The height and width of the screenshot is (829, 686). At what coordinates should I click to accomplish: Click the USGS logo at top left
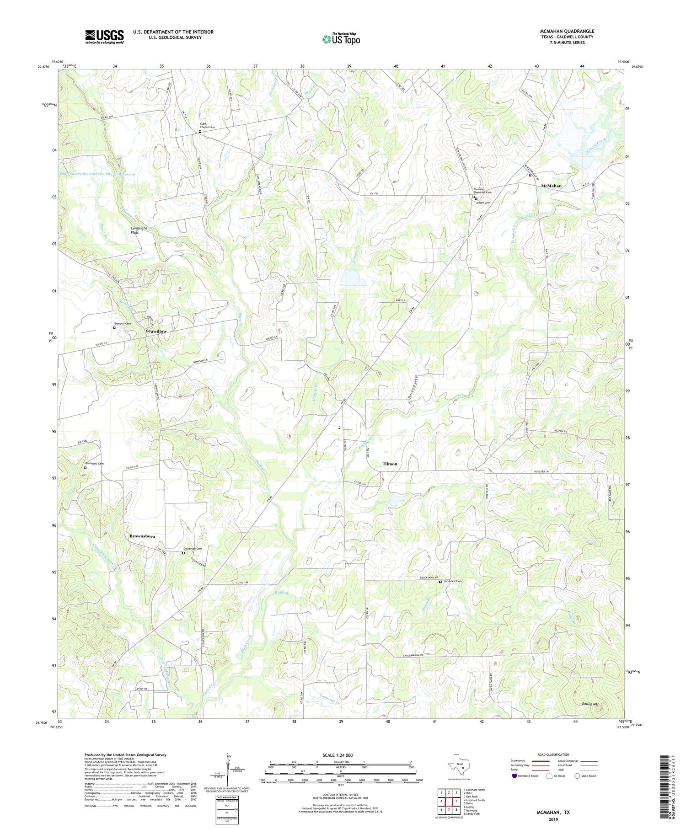[x=104, y=37]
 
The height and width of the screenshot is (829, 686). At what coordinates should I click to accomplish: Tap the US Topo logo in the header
[x=341, y=39]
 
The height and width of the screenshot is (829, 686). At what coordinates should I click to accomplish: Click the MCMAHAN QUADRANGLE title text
[x=567, y=31]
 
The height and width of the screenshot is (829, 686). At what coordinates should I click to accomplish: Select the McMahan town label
[x=551, y=186]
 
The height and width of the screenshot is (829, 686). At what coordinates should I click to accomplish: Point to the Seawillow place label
[x=156, y=331]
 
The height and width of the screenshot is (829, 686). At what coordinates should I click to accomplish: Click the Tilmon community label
[x=390, y=464]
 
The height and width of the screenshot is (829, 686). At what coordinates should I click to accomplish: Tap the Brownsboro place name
[x=142, y=536]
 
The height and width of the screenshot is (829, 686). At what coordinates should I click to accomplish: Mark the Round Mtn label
[x=590, y=705]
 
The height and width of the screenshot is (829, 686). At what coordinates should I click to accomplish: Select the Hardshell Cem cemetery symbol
[x=440, y=582]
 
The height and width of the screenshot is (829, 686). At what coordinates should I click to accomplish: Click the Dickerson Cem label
[x=193, y=549]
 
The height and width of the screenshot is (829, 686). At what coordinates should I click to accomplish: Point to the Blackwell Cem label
[x=95, y=464]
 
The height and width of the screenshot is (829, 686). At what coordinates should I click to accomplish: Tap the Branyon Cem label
[x=123, y=324]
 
